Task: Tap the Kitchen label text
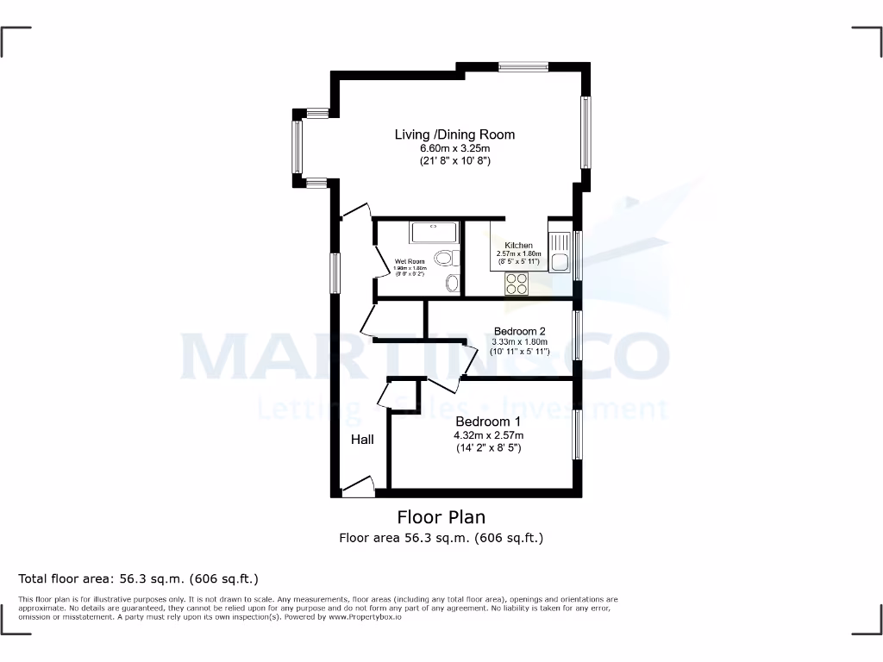[x=518, y=246]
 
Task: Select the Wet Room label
[x=410, y=261]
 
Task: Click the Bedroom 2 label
[x=519, y=331]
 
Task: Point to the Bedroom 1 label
[x=488, y=422]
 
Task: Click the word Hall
[x=362, y=440]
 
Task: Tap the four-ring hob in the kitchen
[x=517, y=284]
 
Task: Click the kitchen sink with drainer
[x=560, y=252]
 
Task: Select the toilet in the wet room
[x=446, y=258]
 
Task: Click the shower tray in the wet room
[x=434, y=232]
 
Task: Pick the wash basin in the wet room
[x=451, y=283]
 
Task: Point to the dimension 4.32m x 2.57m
[x=488, y=435]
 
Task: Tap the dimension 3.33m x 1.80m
[x=519, y=341]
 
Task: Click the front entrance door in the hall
[x=358, y=488]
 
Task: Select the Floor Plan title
[x=441, y=517]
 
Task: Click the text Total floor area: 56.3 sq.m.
[x=138, y=578]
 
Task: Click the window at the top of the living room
[x=523, y=66]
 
